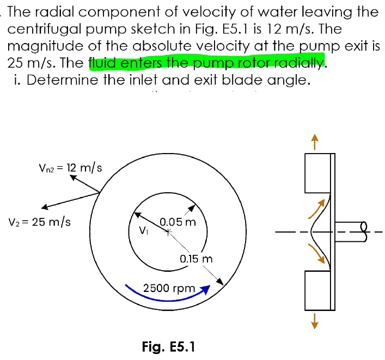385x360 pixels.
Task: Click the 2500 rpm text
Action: [169, 288]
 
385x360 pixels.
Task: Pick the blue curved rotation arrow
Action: [163, 295]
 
